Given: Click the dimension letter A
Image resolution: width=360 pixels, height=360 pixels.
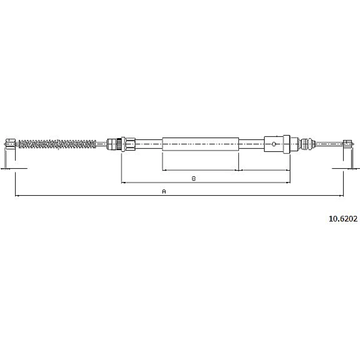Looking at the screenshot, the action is [164, 191].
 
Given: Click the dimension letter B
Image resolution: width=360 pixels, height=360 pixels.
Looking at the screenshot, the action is [194, 179].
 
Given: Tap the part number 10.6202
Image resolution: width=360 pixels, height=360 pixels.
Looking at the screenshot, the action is [343, 219].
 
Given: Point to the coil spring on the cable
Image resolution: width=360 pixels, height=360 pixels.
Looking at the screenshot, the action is [57, 144].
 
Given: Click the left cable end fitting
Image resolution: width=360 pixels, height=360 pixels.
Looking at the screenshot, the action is [10, 144].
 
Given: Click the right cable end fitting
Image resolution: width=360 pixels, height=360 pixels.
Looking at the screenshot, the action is [348, 144].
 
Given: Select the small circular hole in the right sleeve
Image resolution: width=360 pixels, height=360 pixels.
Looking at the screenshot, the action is [274, 144].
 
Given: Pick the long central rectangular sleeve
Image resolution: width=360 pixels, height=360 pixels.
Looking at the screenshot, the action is [201, 144].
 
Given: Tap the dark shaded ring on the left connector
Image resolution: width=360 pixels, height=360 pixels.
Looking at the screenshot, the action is [119, 144].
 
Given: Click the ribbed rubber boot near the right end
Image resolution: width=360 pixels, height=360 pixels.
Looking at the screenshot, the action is [306, 144].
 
